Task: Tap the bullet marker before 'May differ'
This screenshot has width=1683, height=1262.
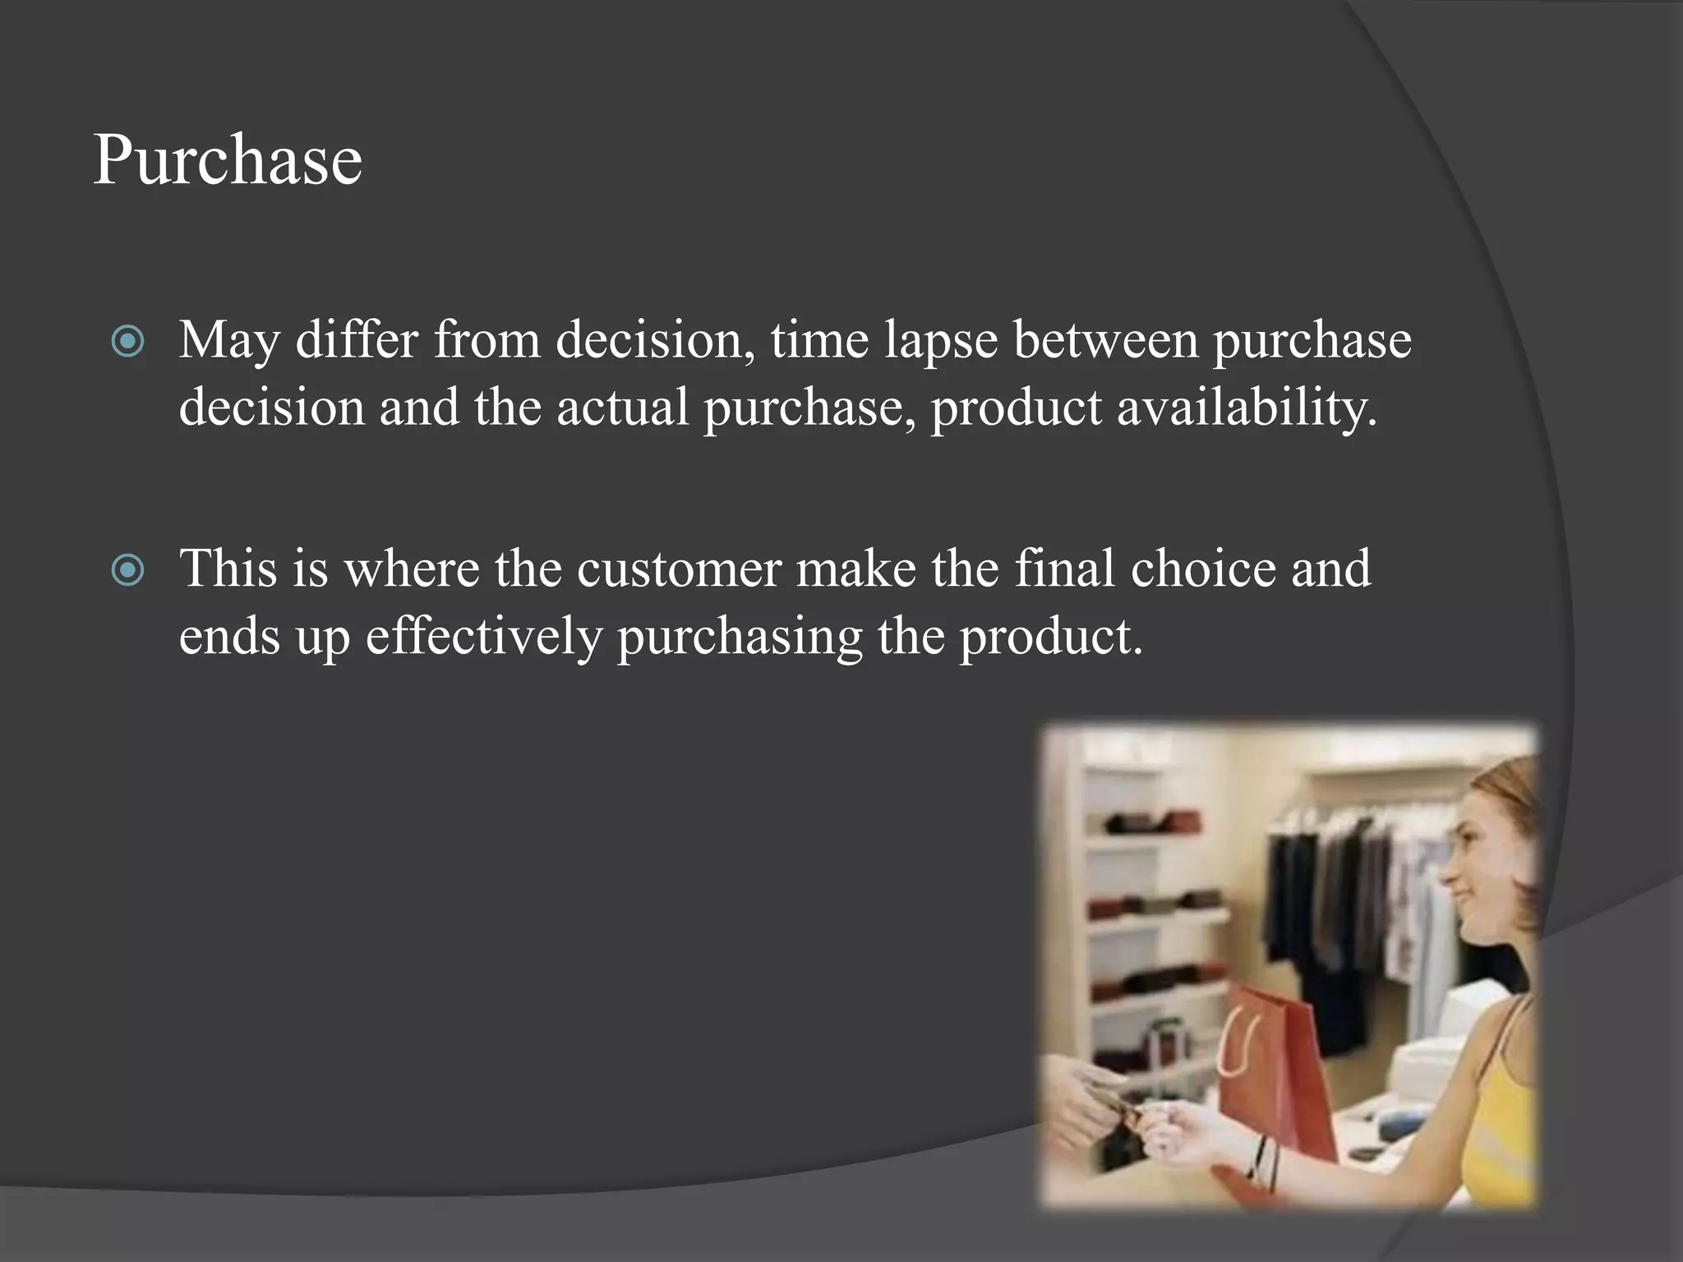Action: [128, 341]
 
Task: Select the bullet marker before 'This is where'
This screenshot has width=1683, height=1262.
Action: [128, 569]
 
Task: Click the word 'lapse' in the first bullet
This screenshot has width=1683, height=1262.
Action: [940, 340]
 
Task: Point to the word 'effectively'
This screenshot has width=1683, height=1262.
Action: [483, 636]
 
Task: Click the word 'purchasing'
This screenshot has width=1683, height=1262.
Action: [740, 638]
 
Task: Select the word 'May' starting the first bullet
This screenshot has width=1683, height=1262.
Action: [229, 342]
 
